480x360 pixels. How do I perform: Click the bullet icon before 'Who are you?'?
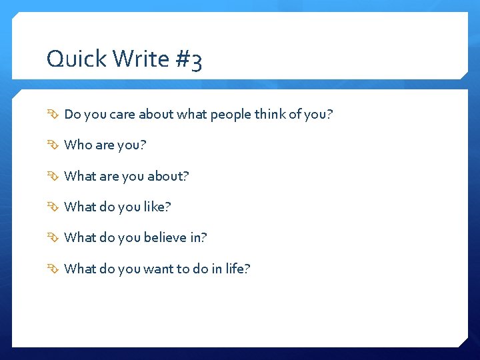53,145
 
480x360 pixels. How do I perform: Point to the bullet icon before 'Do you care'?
53,115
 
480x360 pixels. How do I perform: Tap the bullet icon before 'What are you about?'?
53,177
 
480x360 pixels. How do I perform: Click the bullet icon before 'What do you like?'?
53,207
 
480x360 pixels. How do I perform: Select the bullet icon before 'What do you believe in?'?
53,238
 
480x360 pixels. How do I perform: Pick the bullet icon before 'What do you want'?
53,269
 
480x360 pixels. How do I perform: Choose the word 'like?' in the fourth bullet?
157,207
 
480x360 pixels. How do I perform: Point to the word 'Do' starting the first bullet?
72,115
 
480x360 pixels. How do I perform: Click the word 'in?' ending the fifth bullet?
199,238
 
